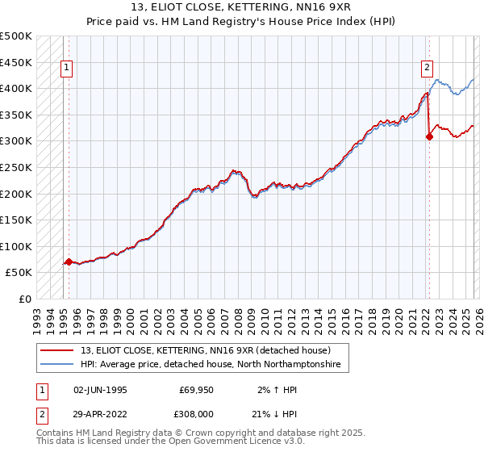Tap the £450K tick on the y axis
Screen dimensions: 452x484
(x=16, y=62)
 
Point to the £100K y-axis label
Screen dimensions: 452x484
(x=16, y=246)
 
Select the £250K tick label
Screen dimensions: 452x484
(x=16, y=167)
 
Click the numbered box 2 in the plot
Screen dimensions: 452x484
(x=426, y=69)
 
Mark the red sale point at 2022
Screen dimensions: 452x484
(x=429, y=136)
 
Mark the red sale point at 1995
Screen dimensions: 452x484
(x=69, y=262)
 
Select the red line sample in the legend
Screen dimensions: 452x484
(x=58, y=351)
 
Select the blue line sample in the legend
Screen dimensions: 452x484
(x=58, y=365)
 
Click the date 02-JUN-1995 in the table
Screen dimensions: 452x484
(x=100, y=389)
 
